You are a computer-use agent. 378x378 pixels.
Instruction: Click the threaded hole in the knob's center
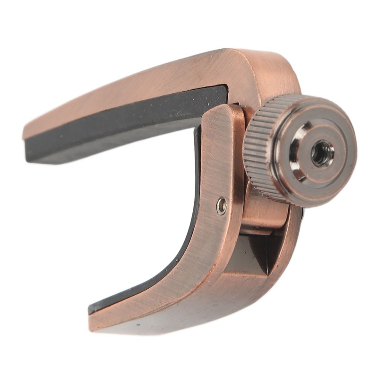323,153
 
